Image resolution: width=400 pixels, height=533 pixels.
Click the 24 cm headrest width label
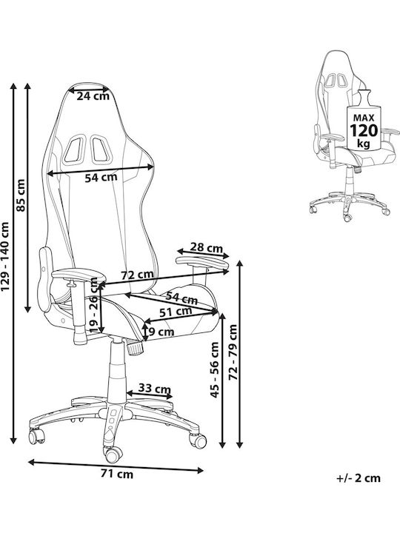pyautogui.click(x=93, y=96)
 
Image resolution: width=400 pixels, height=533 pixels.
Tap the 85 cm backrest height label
pyautogui.click(x=21, y=195)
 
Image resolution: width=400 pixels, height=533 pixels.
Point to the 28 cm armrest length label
pyautogui.click(x=206, y=247)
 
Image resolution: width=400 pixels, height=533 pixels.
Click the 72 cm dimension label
pyautogui.click(x=138, y=275)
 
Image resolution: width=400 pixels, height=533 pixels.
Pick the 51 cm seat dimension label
pyautogui.click(x=176, y=312)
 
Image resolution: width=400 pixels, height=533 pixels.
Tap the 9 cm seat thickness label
pyautogui.click(x=161, y=332)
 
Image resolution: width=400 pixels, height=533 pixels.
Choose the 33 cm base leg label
pyautogui.click(x=154, y=388)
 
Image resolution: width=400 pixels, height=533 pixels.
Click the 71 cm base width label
pyautogui.click(x=117, y=474)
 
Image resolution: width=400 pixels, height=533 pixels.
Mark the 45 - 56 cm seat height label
pyautogui.click(x=215, y=369)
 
